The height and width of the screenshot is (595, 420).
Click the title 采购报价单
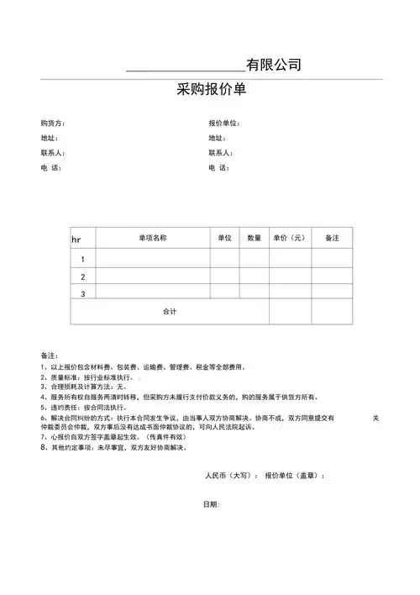pyautogui.click(x=212, y=90)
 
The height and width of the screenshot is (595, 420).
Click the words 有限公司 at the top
pyautogui.click(x=274, y=65)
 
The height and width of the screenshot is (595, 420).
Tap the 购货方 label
pyautogui.click(x=52, y=124)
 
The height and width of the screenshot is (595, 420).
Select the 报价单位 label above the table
pyautogui.click(x=224, y=124)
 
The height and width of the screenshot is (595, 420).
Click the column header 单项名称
pyautogui.click(x=153, y=239)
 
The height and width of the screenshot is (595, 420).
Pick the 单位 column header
pyautogui.click(x=224, y=239)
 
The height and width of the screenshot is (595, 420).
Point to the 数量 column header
pyautogui.click(x=254, y=239)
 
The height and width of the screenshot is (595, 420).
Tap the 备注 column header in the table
pyautogui.click(x=332, y=239)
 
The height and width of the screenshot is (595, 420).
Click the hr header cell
pyautogui.click(x=76, y=240)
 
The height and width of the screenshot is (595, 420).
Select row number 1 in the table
pyautogui.click(x=82, y=259)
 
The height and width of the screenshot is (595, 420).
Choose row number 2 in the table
pyautogui.click(x=82, y=276)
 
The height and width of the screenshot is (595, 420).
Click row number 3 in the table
pyautogui.click(x=82, y=293)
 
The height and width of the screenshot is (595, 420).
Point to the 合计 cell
pyautogui.click(x=170, y=312)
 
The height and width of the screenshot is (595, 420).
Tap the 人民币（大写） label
pyautogui.click(x=228, y=476)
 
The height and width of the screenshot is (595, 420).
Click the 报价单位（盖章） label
pyautogui.click(x=295, y=476)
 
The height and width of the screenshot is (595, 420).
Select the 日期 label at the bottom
pyautogui.click(x=211, y=504)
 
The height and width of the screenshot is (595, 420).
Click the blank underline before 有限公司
pyautogui.click(x=185, y=66)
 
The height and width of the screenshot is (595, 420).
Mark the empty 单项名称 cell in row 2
pyautogui.click(x=153, y=276)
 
